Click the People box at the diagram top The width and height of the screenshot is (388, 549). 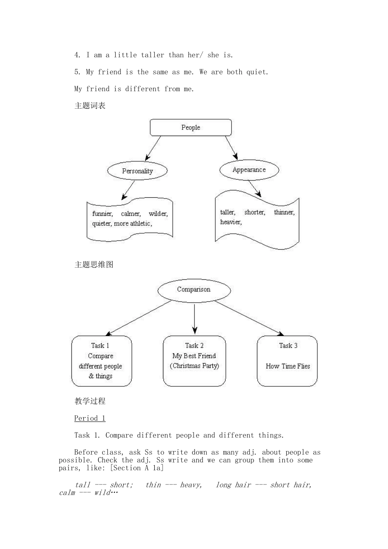(x=191, y=127)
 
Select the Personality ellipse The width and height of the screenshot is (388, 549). (x=137, y=171)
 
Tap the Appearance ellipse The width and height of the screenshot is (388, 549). (x=249, y=170)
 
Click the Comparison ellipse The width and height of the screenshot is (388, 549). (x=194, y=290)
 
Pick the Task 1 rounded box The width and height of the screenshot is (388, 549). (x=101, y=361)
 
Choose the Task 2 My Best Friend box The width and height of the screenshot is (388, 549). (x=194, y=361)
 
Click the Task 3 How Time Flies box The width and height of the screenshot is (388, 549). (x=287, y=361)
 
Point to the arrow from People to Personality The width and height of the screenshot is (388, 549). (x=153, y=149)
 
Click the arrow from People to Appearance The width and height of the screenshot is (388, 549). (x=231, y=147)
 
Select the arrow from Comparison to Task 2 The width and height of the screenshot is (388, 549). (x=194, y=319)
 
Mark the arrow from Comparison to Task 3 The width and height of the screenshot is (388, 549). (x=249, y=318)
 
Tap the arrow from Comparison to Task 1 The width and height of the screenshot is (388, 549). (x=139, y=318)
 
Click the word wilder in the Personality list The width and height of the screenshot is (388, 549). (x=158, y=214)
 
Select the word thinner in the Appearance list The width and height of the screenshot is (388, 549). (x=284, y=212)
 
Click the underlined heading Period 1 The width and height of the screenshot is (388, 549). (x=90, y=418)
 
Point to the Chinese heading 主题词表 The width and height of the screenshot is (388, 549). (x=90, y=106)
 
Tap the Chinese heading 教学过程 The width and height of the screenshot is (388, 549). (x=90, y=401)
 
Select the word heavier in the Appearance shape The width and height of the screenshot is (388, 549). (x=231, y=222)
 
